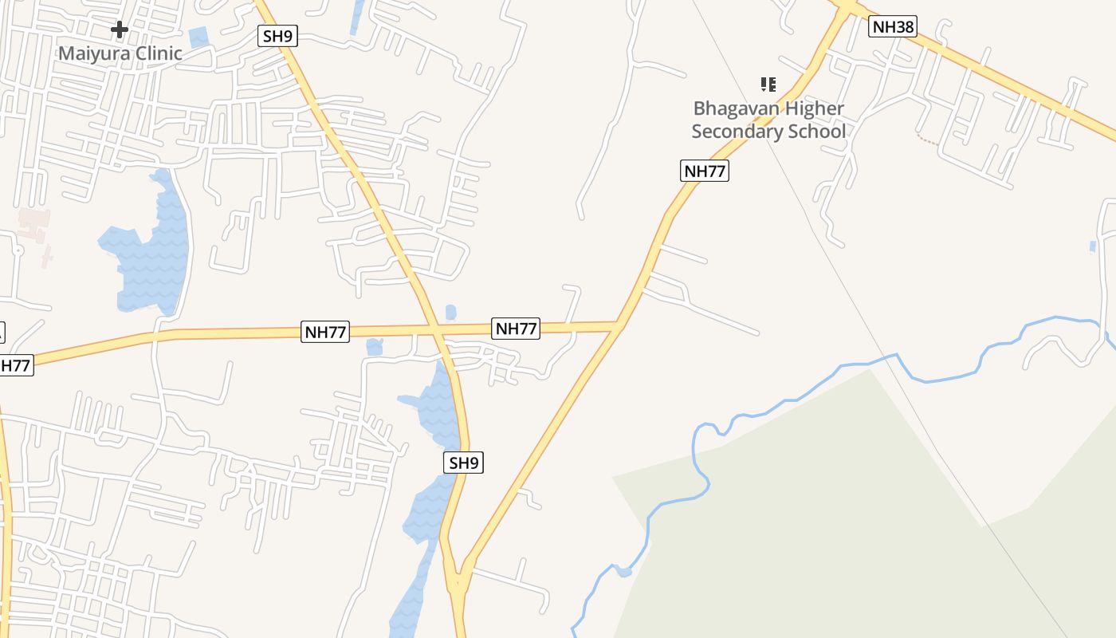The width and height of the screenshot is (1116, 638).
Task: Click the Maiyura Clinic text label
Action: (x=120, y=53)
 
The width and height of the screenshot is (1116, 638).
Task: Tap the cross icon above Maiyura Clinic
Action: (x=120, y=30)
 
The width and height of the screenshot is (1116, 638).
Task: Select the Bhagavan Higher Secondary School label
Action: (x=768, y=120)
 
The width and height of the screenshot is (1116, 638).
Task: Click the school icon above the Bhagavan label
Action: (x=768, y=84)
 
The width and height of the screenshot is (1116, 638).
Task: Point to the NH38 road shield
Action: (x=892, y=27)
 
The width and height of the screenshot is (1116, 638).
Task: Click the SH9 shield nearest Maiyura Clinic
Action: (x=277, y=36)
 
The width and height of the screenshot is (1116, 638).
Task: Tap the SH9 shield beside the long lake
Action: (x=463, y=463)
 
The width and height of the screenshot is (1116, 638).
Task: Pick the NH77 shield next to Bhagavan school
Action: (x=705, y=171)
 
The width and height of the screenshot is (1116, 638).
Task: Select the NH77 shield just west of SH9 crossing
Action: (x=325, y=332)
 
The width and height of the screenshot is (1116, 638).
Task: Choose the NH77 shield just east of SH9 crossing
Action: (x=517, y=328)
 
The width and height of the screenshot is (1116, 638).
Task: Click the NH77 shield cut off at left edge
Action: (x=14, y=366)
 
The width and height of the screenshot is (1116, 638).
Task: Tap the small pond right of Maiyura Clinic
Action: (x=198, y=37)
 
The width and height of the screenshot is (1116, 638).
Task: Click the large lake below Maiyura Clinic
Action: (x=151, y=255)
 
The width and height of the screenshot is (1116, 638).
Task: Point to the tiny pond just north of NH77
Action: (x=451, y=312)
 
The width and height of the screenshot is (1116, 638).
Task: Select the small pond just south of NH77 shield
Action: (x=374, y=347)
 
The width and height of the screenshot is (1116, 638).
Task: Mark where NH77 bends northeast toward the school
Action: (x=619, y=324)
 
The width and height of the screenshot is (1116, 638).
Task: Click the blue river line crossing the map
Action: (x=797, y=399)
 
